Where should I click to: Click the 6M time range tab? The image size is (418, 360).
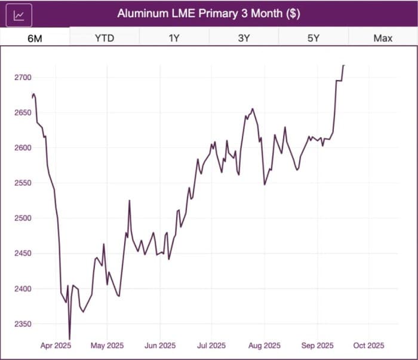35,38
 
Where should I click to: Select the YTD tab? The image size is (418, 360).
105,38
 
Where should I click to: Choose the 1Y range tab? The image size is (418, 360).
174,38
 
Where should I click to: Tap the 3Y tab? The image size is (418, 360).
244,38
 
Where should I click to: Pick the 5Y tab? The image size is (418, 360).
314,38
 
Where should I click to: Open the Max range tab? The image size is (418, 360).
383,38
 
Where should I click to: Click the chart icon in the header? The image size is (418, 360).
19,14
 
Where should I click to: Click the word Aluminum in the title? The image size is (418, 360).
141,14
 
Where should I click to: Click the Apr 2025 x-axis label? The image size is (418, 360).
56,346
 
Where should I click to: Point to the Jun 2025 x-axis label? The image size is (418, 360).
159,346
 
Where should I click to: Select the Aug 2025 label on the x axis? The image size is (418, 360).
264,346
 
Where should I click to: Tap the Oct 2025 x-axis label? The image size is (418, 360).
368,346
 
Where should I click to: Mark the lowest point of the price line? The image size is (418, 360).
69,339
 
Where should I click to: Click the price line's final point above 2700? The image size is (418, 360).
344,65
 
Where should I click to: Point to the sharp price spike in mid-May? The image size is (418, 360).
130,201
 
